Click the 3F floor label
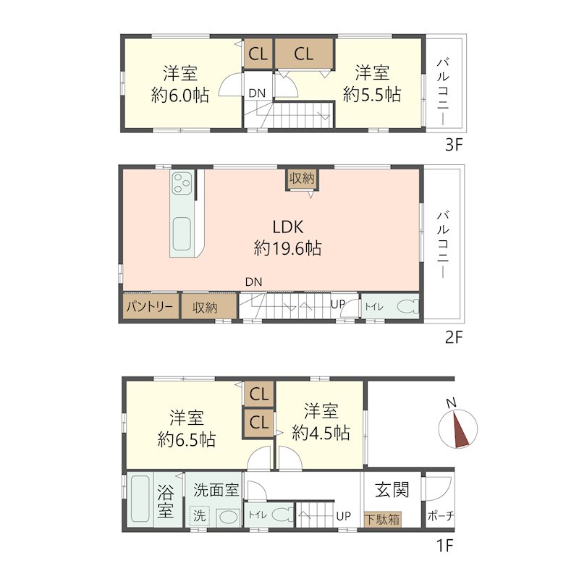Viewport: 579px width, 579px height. [x=454, y=145]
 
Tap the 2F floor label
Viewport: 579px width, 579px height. [x=454, y=337]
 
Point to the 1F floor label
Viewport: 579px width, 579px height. [x=444, y=545]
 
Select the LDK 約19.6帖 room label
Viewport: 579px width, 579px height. [x=287, y=237]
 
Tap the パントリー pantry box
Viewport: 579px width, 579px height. [x=150, y=306]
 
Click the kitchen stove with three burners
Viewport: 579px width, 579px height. [x=182, y=183]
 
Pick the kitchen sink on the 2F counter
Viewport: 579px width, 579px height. [x=182, y=234]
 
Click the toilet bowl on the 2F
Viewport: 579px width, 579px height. [x=407, y=306]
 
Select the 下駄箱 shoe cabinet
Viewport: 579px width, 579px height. [x=383, y=519]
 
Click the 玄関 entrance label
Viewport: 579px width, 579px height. [x=392, y=490]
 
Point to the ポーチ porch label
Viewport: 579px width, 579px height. [x=441, y=516]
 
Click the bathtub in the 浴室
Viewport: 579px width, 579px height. [x=140, y=499]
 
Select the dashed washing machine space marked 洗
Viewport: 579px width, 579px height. [x=200, y=515]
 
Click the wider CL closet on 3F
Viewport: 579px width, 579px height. [x=304, y=54]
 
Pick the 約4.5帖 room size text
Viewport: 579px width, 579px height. [x=321, y=432]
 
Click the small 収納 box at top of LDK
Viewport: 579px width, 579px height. [x=302, y=179]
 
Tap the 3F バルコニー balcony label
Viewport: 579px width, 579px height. [x=444, y=92]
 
